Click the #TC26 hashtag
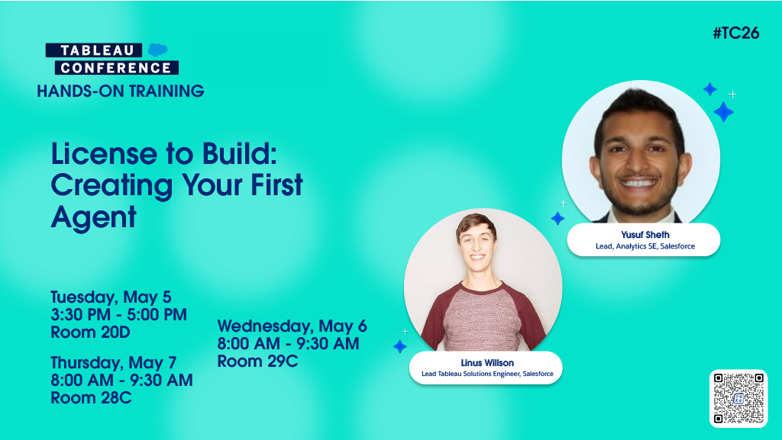point(735,33)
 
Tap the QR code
point(738,398)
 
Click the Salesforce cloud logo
point(158,50)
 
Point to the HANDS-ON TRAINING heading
point(121,92)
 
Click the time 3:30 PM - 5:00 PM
point(118,314)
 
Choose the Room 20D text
point(90,332)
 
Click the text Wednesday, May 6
point(292,326)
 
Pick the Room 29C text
point(257,361)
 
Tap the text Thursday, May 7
point(113,361)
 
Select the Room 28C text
point(91,397)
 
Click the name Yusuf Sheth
point(645,235)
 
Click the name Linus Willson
point(486,363)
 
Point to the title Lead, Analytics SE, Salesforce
point(645,246)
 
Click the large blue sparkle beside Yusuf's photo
point(722,112)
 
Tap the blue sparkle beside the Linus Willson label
point(399,346)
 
